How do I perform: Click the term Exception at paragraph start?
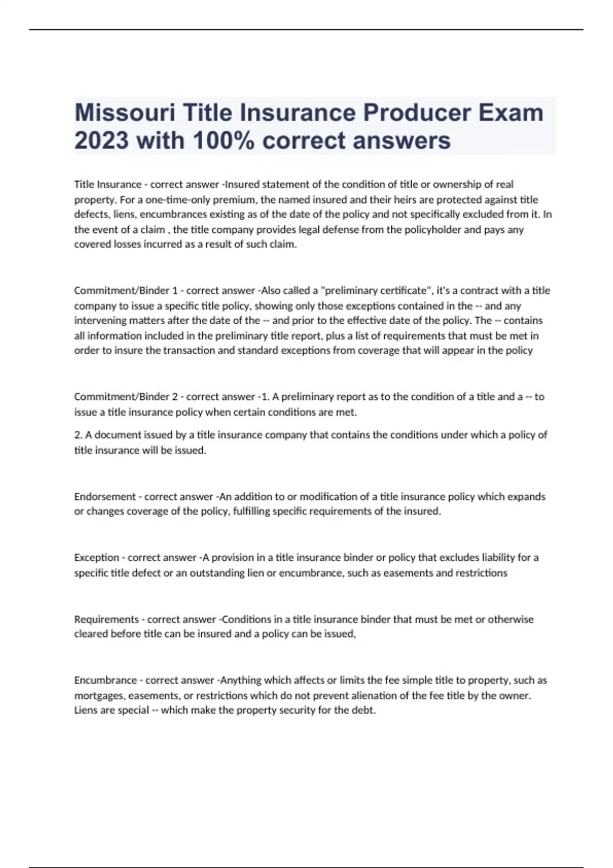[97, 558]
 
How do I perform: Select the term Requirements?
[106, 619]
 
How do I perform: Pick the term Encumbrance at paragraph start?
[106, 680]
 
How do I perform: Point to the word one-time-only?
[159, 200]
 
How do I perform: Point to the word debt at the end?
[365, 710]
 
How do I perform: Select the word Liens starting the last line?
[85, 710]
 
